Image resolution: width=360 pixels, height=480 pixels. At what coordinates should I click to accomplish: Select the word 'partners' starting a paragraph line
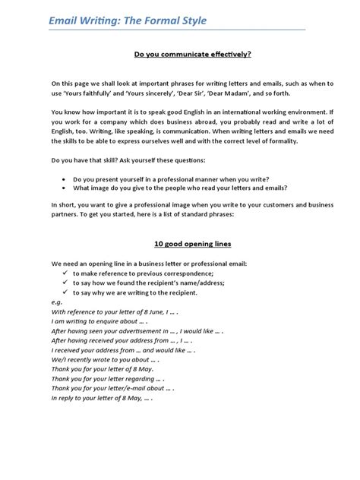pos(66,215)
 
